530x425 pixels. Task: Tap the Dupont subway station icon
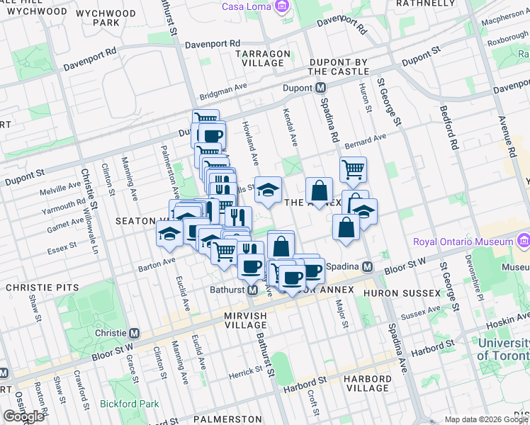[320, 88]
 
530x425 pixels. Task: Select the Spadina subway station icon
[367, 267]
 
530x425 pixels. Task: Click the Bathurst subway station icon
[253, 290]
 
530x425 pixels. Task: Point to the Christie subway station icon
[133, 333]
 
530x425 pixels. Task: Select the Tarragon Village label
[263, 58]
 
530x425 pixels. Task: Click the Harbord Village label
[368, 383]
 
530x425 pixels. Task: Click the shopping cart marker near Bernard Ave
[353, 169]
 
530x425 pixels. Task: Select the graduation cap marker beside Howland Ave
[268, 189]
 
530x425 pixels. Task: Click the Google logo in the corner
[23, 416]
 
